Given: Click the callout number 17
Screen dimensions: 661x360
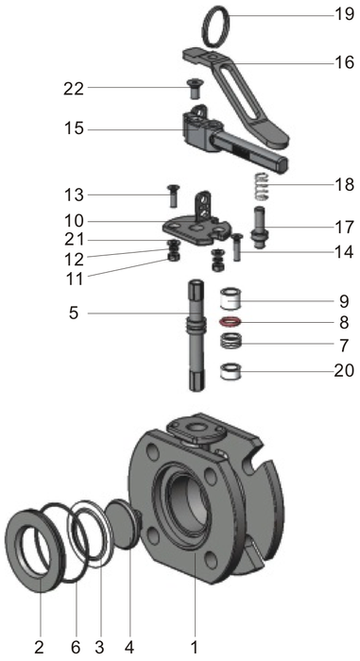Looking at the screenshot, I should pos(342,228).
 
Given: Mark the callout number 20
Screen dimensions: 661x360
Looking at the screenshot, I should pos(342,371).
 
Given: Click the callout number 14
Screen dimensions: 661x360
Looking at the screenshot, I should pos(342,252).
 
